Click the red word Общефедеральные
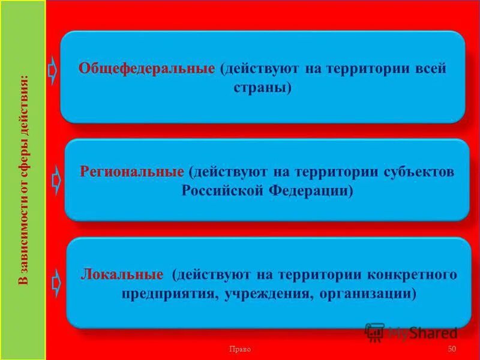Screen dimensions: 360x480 [x=146, y=68]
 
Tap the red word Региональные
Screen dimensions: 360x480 [x=132, y=172]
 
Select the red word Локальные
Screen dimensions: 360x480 [x=122, y=275]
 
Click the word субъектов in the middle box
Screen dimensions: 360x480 [x=419, y=172]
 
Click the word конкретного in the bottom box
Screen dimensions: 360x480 [x=413, y=275]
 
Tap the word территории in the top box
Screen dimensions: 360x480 [x=357, y=68]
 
